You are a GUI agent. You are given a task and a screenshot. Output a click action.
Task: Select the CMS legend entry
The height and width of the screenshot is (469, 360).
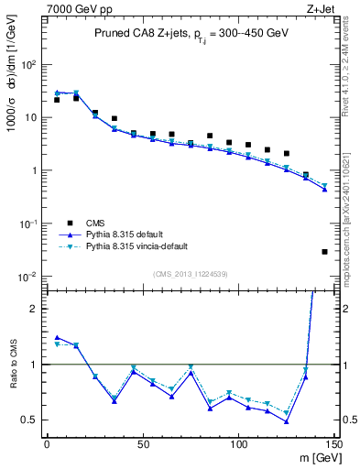[x=95, y=222]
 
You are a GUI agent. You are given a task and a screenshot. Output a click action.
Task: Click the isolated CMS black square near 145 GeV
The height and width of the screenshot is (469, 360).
[x=324, y=251]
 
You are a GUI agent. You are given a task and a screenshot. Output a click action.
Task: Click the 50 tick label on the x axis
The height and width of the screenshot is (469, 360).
[x=142, y=445]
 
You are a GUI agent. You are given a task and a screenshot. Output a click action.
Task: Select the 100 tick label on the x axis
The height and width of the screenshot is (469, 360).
[x=238, y=445]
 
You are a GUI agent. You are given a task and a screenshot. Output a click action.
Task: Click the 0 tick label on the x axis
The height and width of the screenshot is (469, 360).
[x=47, y=445]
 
